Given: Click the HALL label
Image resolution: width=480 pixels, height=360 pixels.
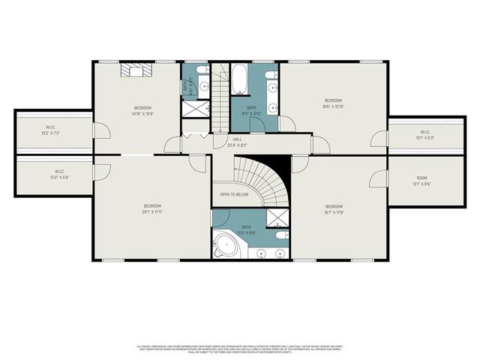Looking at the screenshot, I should [237, 139].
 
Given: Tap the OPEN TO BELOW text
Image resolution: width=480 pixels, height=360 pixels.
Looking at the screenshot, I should [234, 194].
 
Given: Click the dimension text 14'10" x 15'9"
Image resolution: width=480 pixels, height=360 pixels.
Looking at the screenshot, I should [142, 114].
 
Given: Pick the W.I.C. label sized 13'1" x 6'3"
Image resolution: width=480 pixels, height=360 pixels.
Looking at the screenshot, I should [424, 135].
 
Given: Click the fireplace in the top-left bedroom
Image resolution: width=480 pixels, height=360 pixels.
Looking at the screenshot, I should [138, 71].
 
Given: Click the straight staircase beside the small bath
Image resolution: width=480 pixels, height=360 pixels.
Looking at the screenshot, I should [220, 94].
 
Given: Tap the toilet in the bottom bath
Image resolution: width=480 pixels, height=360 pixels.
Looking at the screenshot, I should [279, 235].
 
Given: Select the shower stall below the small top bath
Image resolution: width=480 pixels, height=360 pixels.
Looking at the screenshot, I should [195, 109].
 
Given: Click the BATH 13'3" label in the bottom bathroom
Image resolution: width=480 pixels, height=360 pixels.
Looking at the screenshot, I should [247, 229].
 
